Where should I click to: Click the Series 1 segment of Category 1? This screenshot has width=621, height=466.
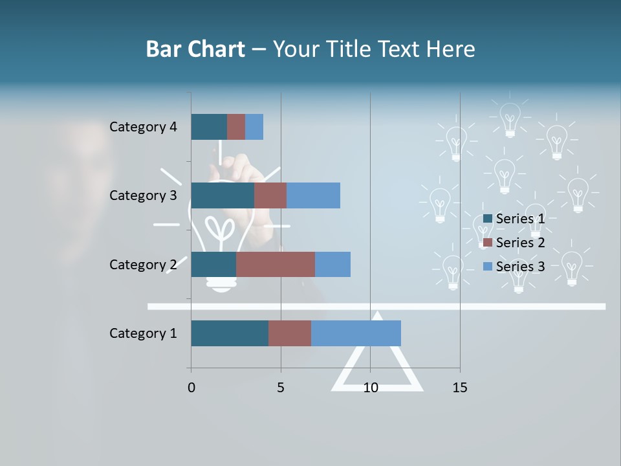(230, 333)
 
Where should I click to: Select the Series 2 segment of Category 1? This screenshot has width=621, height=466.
(290, 333)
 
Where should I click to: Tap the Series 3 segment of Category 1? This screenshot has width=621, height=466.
(356, 333)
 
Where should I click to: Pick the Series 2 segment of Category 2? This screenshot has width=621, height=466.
(276, 264)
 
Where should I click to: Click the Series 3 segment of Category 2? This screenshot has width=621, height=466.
(332, 264)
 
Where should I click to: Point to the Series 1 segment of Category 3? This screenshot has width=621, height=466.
(223, 195)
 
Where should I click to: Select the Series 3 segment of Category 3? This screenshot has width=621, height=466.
(313, 195)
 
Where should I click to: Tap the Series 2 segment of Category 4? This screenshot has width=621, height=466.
(236, 127)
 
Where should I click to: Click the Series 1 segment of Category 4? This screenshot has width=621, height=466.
(209, 127)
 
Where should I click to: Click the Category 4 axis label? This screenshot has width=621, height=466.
(143, 127)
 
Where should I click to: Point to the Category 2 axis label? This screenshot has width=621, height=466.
(143, 264)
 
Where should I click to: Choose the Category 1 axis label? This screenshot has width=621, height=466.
(143, 333)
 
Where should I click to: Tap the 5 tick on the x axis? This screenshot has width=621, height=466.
(281, 388)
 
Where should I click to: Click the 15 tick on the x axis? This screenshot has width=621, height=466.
(460, 388)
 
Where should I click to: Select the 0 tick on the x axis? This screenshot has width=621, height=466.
(191, 388)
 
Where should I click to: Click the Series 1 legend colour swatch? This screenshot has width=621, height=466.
(488, 219)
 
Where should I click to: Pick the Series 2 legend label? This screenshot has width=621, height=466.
(520, 243)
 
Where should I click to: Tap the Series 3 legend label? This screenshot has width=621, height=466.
(520, 267)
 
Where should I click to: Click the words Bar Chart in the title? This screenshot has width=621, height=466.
(195, 49)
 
